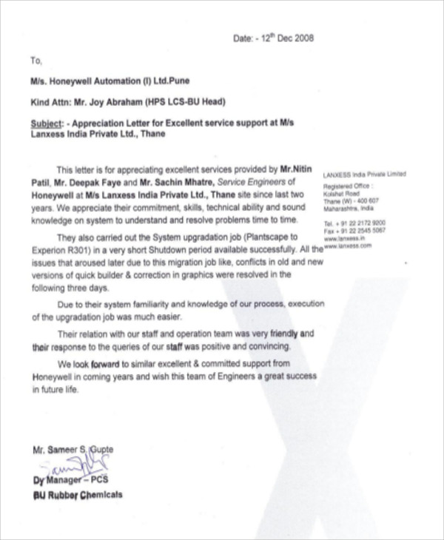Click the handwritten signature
(x=70, y=465)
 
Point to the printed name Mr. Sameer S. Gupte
(x=73, y=450)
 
